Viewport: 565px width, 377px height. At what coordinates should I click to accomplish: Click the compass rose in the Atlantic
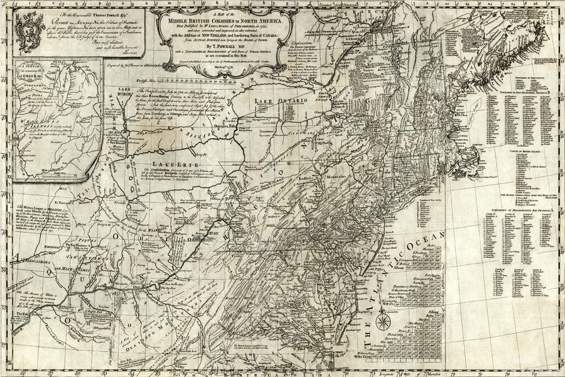click(x=382, y=322)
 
